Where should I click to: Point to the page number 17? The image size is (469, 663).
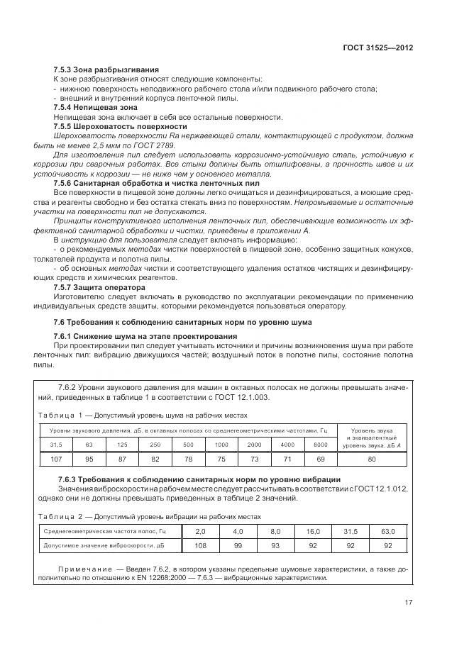(409, 603)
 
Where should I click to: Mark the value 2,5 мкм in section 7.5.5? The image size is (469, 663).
(101, 144)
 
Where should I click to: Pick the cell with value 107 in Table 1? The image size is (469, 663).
(56, 459)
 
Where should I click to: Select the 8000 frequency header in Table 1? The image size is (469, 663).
(320, 445)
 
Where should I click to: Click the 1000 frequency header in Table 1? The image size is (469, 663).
(221, 445)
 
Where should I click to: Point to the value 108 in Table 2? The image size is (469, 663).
(199, 546)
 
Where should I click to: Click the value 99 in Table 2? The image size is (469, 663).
(237, 546)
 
